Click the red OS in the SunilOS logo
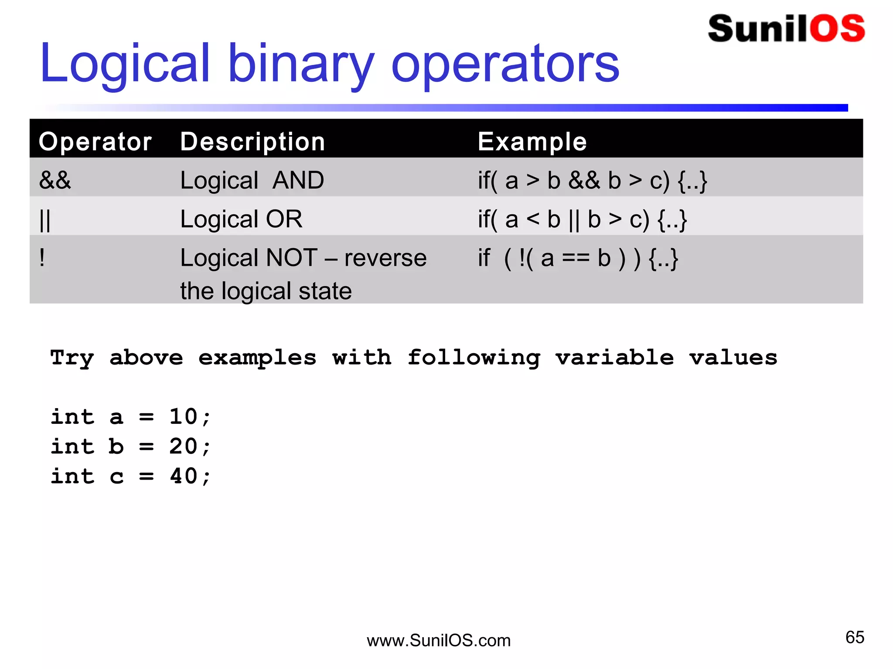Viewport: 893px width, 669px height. pos(837,29)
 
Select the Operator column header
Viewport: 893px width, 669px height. pos(95,142)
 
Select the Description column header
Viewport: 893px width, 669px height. pos(252,142)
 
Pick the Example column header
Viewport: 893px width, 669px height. pos(532,142)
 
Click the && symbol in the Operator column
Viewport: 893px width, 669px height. pos(55,180)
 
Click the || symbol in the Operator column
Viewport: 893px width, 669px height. pos(45,220)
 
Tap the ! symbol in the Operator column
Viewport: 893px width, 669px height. pos(42,257)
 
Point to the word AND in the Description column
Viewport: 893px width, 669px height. pos(298,180)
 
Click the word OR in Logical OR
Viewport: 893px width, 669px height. pos(284,219)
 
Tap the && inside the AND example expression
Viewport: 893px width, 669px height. pos(584,180)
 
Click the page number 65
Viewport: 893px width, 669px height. pos(855,637)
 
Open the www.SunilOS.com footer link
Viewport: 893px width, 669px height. pos(439,641)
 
